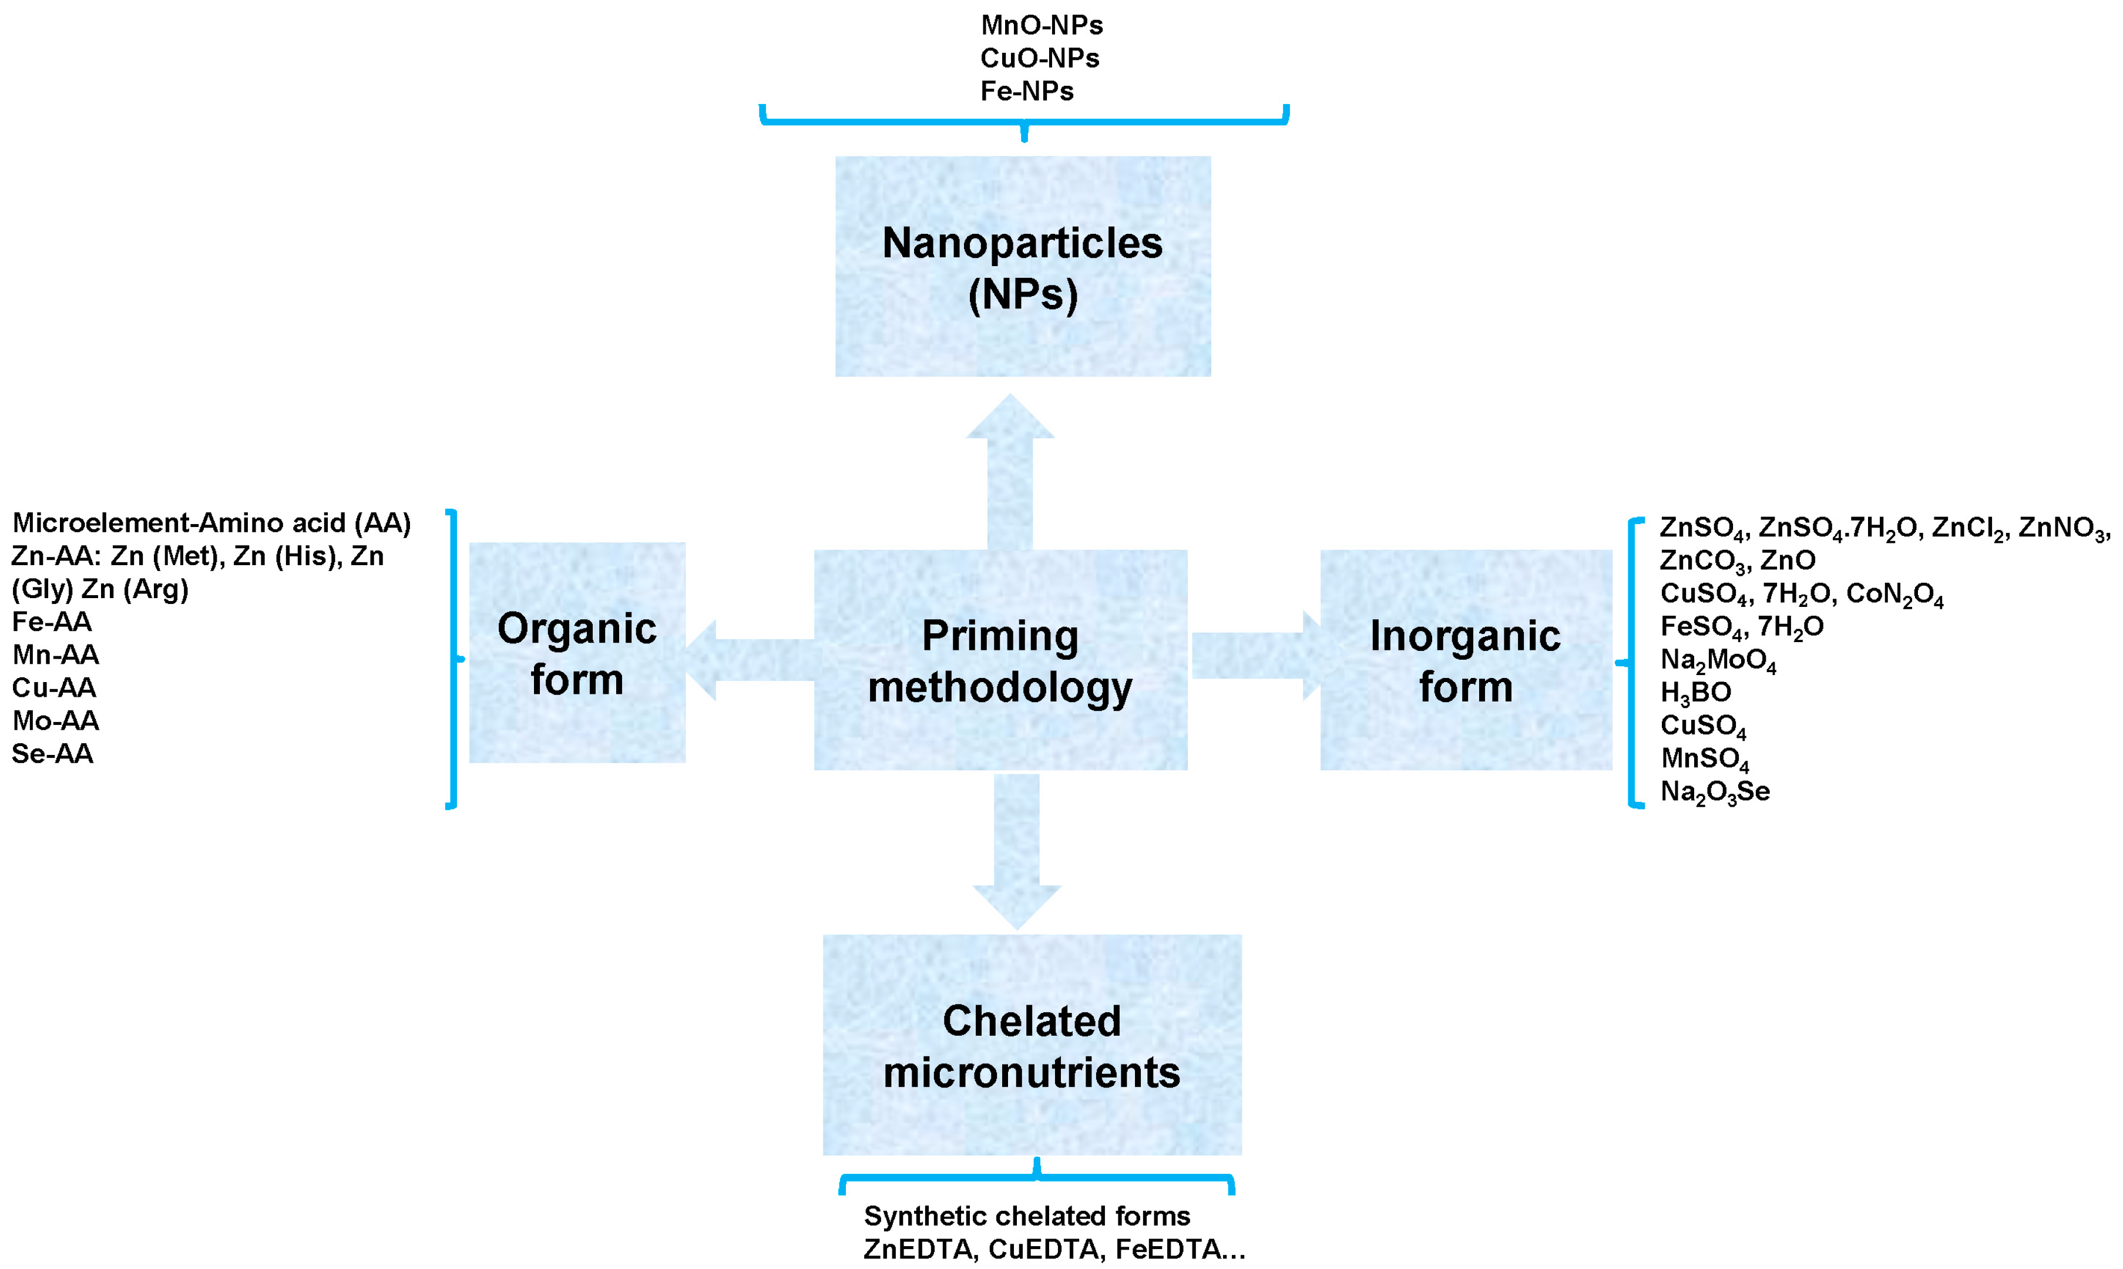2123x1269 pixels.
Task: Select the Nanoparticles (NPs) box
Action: (x=1023, y=266)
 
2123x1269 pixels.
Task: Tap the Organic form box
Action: (x=577, y=653)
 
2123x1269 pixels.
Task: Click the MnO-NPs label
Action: (x=1042, y=26)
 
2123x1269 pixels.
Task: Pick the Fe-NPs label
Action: (x=1026, y=90)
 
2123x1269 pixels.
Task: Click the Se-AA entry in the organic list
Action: (x=52, y=753)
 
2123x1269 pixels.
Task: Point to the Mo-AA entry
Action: (x=56, y=721)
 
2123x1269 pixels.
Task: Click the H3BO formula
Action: (x=1695, y=693)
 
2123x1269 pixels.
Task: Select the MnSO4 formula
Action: (x=1704, y=758)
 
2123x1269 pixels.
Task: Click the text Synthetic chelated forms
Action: (x=1026, y=1215)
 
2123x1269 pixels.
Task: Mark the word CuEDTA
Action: (x=1042, y=1250)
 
